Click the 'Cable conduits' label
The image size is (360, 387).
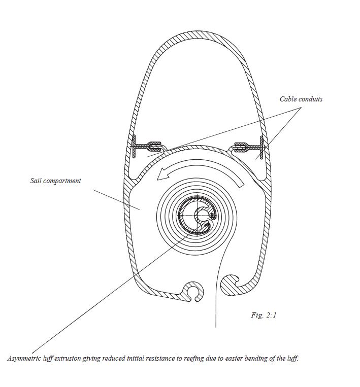pyautogui.click(x=301, y=99)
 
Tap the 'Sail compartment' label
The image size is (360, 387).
pyautogui.click(x=55, y=181)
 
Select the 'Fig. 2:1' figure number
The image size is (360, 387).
pyautogui.click(x=264, y=315)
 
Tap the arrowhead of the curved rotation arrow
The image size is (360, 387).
pyautogui.click(x=161, y=175)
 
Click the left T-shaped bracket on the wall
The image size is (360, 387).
pyautogui.click(x=138, y=147)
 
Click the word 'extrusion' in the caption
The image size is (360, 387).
pyautogui.click(x=73, y=358)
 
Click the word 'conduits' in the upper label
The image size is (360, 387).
pyautogui.click(x=310, y=99)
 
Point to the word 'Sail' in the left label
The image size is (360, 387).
pyautogui.click(x=36, y=181)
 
